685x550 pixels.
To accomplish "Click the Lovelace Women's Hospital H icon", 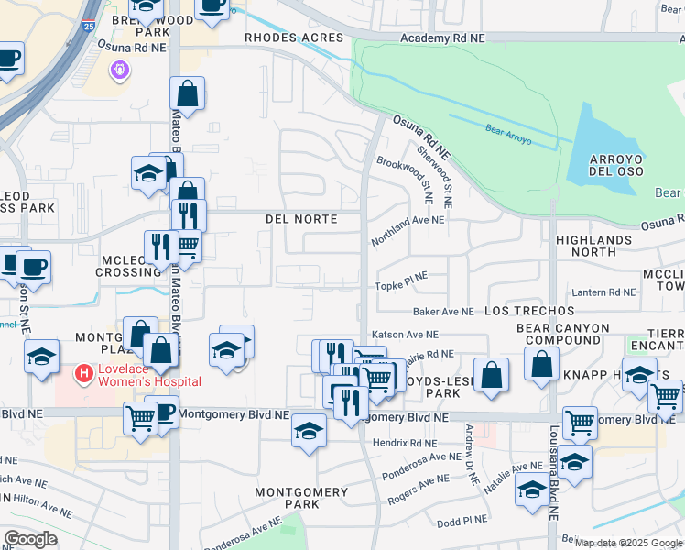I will point(84,374).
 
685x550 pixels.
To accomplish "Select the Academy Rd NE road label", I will point(442,38).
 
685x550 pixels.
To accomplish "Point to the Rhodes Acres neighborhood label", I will point(293,38).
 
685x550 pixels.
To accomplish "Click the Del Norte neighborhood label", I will point(301,219).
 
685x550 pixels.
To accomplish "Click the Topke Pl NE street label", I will point(402,286).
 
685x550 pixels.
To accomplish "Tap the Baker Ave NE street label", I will point(443,312).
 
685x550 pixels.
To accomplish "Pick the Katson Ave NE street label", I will point(405,335).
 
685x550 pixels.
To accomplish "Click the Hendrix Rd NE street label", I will point(408,441).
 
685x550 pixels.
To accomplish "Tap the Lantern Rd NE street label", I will point(603,292).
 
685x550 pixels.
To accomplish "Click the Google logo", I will point(31,539).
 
